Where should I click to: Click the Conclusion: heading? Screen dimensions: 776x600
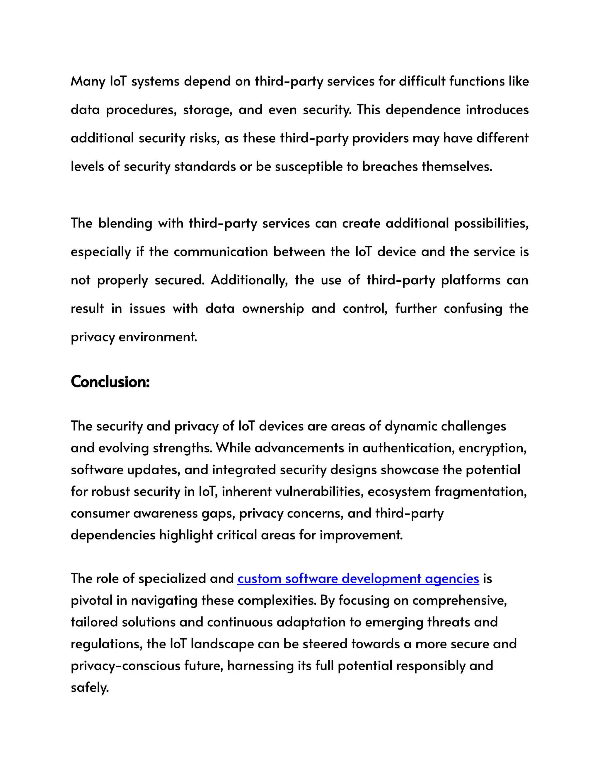pos(110,382)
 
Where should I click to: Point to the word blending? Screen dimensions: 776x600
pos(125,223)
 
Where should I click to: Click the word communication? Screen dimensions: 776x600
pos(220,252)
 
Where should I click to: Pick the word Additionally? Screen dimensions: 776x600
pos(249,280)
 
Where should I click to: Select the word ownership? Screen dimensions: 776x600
pos(273,308)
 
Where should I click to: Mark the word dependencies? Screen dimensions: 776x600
pos(113,535)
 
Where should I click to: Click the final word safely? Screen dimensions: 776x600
pos(90,688)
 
